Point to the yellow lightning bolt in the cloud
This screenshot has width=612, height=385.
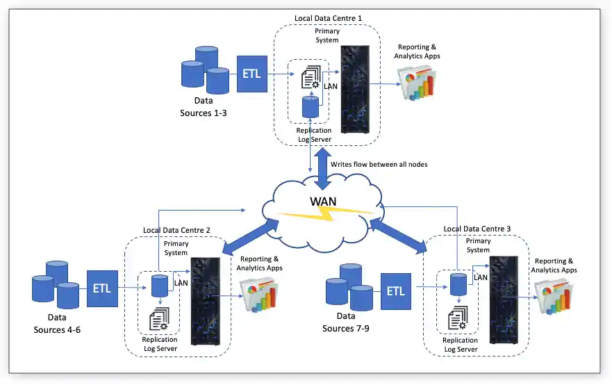click(x=326, y=215)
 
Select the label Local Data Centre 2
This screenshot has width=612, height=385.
click(x=176, y=230)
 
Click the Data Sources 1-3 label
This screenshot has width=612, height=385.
click(x=203, y=106)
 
